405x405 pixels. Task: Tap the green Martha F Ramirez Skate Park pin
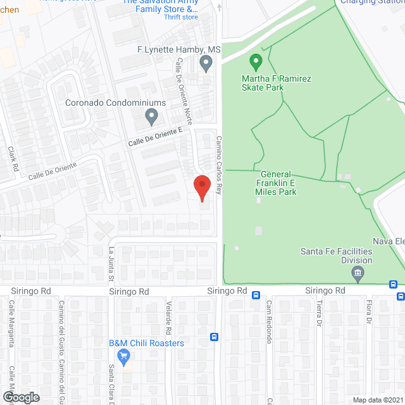(x=256, y=62)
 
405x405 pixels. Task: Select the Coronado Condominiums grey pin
(x=151, y=116)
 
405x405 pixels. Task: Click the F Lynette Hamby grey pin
(x=205, y=63)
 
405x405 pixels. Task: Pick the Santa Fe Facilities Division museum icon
(x=358, y=274)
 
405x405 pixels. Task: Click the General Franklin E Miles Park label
(x=276, y=183)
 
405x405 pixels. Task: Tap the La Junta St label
(x=110, y=265)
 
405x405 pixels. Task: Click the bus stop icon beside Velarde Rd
(x=215, y=337)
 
